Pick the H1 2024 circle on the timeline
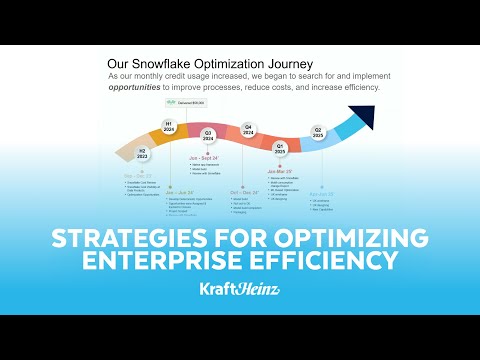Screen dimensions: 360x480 pos(169,126)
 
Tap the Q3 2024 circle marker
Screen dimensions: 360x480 pos(208,134)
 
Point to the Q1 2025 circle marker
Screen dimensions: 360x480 pos(281,147)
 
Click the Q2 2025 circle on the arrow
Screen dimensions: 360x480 pos(319,131)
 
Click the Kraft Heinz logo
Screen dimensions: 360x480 pos(240,291)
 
